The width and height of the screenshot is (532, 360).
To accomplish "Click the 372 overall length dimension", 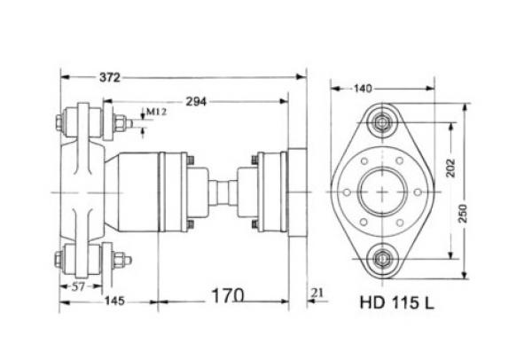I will pyautogui.click(x=109, y=78).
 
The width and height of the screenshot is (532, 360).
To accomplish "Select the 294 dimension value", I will pyautogui.click(x=197, y=102).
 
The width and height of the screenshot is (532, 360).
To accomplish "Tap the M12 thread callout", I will pyautogui.click(x=156, y=112).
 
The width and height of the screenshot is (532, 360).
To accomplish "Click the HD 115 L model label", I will pyautogui.click(x=396, y=301).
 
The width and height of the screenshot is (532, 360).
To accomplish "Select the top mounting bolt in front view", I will pyautogui.click(x=382, y=123).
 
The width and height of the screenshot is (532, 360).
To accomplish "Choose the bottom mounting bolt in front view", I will pyautogui.click(x=382, y=259).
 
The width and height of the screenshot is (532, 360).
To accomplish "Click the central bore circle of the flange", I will pyautogui.click(x=382, y=192).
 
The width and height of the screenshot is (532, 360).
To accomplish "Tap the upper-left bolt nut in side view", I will pyautogui.click(x=62, y=122).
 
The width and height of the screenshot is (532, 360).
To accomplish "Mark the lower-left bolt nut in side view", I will pyautogui.click(x=62, y=260).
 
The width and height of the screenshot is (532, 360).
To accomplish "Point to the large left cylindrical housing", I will pyautogui.click(x=142, y=192).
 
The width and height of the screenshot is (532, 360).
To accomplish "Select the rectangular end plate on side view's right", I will pyautogui.click(x=295, y=192).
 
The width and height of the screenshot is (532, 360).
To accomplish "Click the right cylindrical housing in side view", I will pyautogui.click(x=270, y=192).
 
